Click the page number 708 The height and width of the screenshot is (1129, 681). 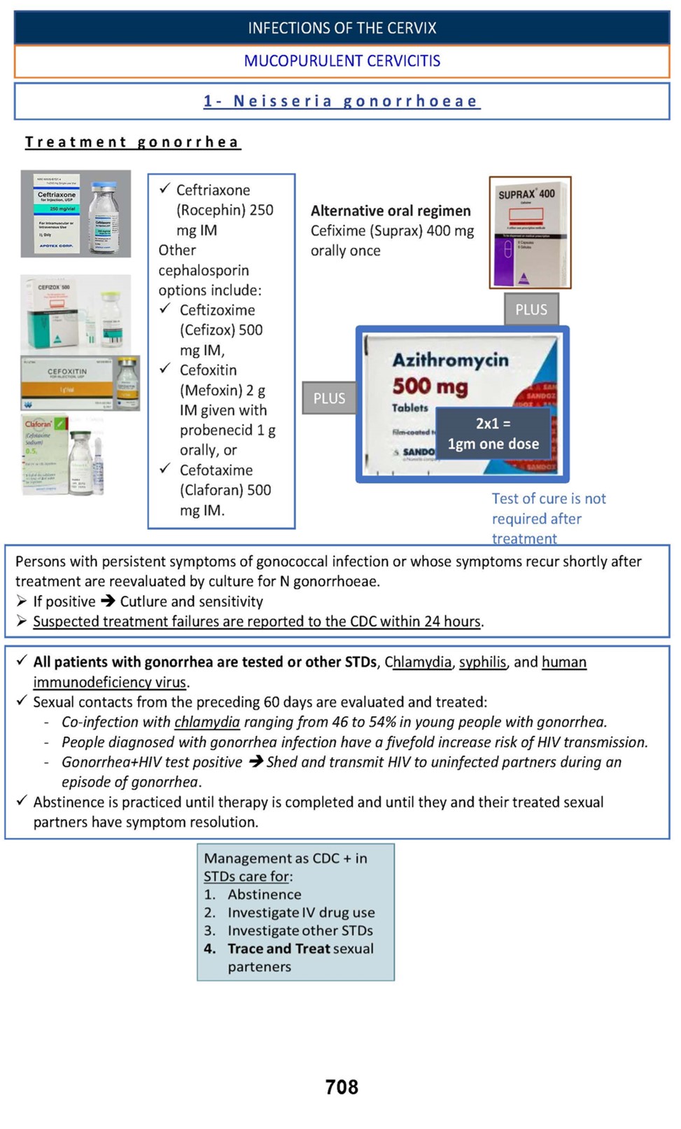point(342,1086)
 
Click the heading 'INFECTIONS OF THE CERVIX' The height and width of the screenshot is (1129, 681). point(342,28)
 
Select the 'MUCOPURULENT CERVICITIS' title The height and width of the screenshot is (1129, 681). point(342,61)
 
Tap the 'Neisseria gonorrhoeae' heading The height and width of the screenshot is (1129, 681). point(342,101)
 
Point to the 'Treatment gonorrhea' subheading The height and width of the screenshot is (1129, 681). point(132,142)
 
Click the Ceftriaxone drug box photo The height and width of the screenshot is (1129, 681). point(76,213)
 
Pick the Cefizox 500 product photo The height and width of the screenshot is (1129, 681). point(76,314)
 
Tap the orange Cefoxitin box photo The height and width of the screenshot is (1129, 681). point(80,383)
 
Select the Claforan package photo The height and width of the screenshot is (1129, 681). point(63,454)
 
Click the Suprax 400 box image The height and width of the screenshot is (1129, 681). point(530,232)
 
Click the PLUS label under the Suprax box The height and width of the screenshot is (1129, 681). point(531,309)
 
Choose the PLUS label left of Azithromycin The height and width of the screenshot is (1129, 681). point(329,398)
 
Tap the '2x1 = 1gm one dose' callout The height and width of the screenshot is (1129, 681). point(493,433)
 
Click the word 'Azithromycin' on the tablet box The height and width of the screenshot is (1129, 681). point(451,360)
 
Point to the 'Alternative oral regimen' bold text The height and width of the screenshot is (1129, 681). point(391,211)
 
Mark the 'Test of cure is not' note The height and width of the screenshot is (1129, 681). point(549,499)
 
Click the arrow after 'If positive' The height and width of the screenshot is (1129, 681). point(108,601)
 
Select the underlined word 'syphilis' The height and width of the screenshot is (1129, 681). point(482,662)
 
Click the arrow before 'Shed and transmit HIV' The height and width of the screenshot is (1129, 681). point(255,762)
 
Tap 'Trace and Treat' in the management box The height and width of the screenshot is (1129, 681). point(278,948)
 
